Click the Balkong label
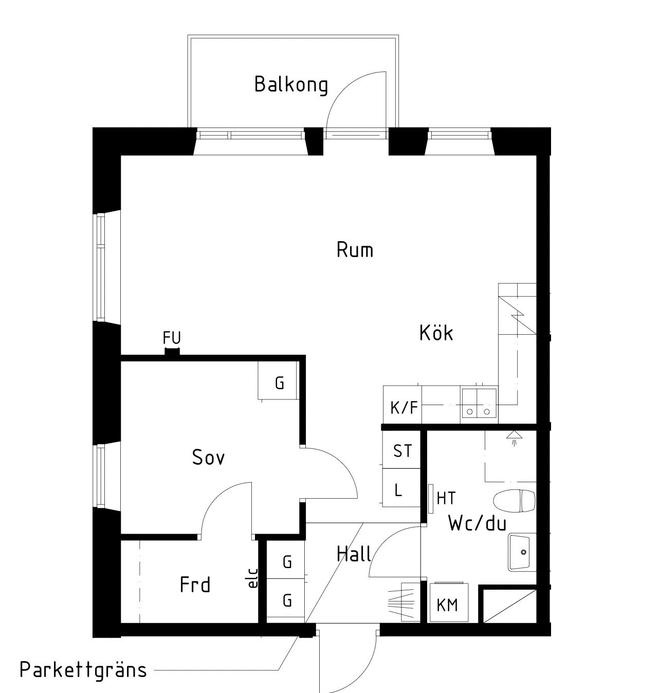click(x=291, y=85)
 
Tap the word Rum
click(x=355, y=249)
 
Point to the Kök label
click(x=436, y=332)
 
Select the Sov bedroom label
click(x=208, y=457)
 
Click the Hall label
click(x=354, y=554)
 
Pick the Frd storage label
click(x=195, y=585)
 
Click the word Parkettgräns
click(x=83, y=670)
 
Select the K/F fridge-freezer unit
click(x=402, y=404)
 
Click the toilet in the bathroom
click(x=515, y=501)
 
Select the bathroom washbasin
click(x=522, y=552)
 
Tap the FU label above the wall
click(x=172, y=338)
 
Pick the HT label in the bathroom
click(x=446, y=498)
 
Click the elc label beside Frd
click(x=253, y=578)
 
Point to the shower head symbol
click(x=514, y=437)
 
